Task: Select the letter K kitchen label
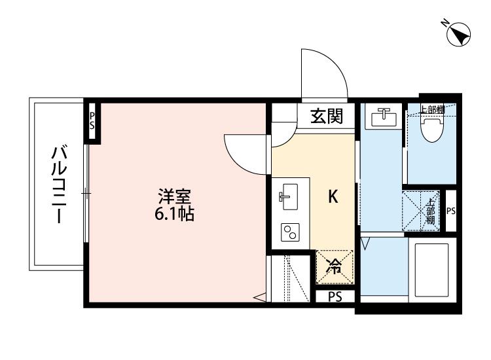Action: pyautogui.click(x=333, y=197)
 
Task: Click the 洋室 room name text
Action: pyautogui.click(x=173, y=196)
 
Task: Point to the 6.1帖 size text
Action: pyautogui.click(x=173, y=213)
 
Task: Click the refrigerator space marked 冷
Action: pyautogui.click(x=334, y=266)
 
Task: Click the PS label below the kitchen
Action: pyautogui.click(x=335, y=297)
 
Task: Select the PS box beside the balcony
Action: pyautogui.click(x=92, y=120)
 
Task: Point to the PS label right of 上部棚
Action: pyautogui.click(x=450, y=211)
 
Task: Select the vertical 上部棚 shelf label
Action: pyautogui.click(x=430, y=211)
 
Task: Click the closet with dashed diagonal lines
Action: pyautogui.click(x=288, y=278)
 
